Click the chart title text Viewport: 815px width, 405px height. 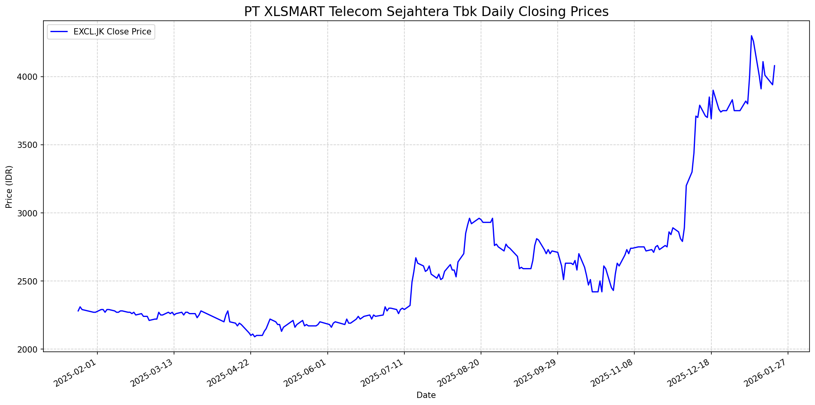[x=426, y=12]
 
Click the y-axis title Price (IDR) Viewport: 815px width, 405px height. [x=9, y=187]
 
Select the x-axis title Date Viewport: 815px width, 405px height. [x=426, y=395]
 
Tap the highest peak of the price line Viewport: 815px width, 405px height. [x=751, y=36]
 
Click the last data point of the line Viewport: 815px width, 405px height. [x=774, y=66]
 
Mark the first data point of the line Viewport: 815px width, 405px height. [x=78, y=311]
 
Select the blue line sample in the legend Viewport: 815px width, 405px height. [x=59, y=32]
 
